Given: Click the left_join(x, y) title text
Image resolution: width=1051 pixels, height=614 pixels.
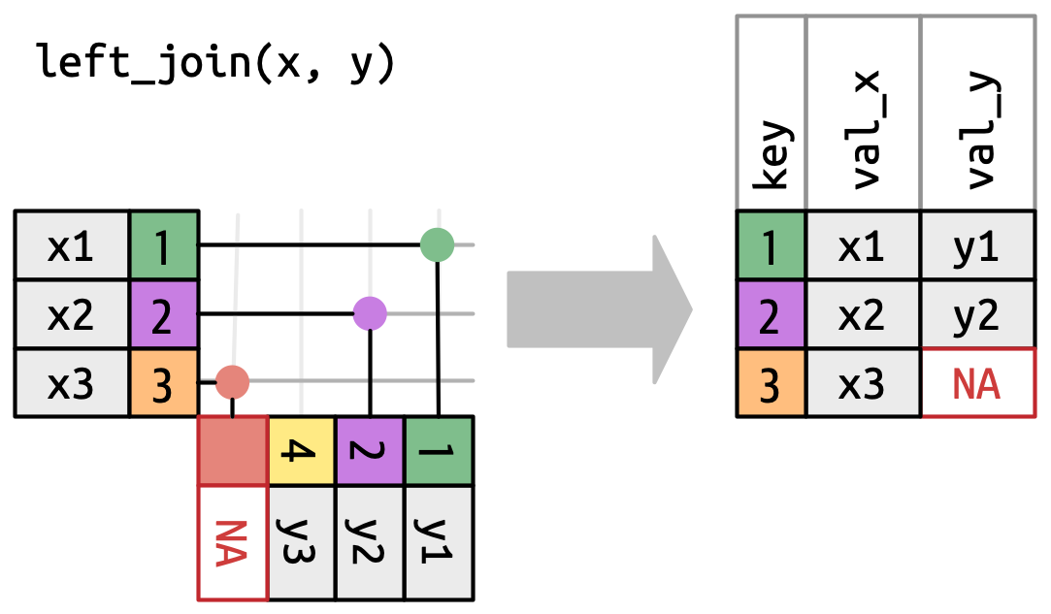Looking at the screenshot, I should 215,64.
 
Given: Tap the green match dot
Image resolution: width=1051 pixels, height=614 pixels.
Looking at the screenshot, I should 438,244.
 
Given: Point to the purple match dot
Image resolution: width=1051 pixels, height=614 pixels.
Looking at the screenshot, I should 370,312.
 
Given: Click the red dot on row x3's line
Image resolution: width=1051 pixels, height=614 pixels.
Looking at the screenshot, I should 232,382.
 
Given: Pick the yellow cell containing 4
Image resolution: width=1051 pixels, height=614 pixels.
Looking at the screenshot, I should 302,451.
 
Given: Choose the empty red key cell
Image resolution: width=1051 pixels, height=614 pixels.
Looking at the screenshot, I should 233,451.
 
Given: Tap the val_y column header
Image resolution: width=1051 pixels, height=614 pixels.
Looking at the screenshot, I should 977,114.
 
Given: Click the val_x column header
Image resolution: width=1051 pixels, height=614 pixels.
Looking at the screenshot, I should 863,114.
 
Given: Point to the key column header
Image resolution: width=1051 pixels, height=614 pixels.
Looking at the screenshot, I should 771,114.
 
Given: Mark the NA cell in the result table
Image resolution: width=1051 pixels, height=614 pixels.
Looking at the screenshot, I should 977,383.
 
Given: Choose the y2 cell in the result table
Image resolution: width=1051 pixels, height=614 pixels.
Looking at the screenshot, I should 977,314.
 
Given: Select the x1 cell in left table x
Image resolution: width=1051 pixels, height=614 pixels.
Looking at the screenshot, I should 72,245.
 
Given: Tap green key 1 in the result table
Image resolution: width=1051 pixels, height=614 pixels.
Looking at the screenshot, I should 771,245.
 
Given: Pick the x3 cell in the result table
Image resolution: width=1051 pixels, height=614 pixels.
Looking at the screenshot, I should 863,383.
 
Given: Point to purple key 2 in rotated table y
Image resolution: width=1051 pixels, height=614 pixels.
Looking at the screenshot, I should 370,451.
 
